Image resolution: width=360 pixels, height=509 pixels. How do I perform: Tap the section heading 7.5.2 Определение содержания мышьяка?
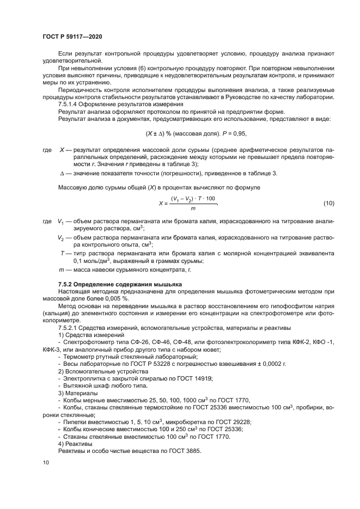(x=120, y=285)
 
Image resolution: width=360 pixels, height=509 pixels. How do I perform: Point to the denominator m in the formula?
(x=193, y=208)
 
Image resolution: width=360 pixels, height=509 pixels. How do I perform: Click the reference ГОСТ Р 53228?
(x=153, y=363)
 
